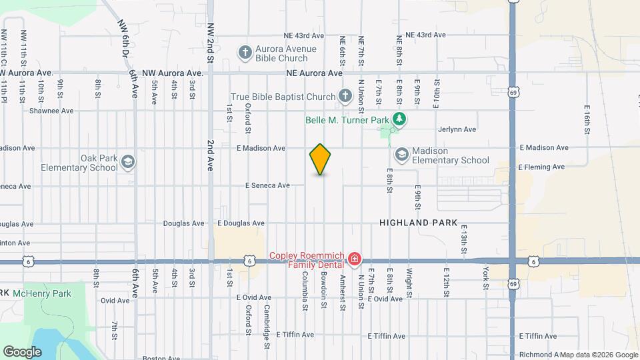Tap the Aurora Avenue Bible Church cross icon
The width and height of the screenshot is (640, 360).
click(x=245, y=51)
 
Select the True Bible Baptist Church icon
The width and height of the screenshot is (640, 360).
click(x=345, y=97)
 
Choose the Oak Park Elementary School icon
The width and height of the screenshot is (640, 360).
click(x=127, y=162)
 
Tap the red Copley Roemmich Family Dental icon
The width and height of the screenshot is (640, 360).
click(x=355, y=258)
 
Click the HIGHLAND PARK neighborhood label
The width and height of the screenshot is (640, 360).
click(x=419, y=223)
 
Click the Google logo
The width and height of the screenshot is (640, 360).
click(x=22, y=351)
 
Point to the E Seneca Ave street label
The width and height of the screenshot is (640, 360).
click(x=267, y=185)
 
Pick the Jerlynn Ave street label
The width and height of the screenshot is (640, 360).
click(x=457, y=129)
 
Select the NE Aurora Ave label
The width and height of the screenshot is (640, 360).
click(x=314, y=73)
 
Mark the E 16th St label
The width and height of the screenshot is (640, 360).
click(x=587, y=119)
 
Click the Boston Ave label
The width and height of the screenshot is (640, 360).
click(x=161, y=358)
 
